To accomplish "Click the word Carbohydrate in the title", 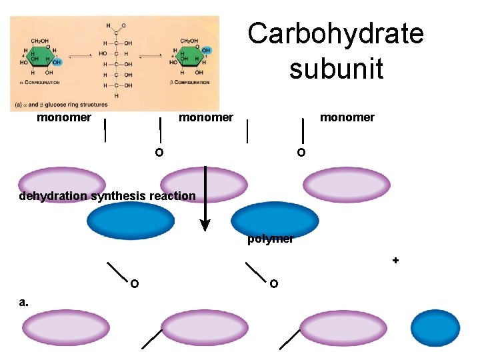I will coord(335,33).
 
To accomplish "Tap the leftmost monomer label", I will coord(64,118).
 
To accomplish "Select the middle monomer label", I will coord(205,118).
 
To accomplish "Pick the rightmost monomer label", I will coord(347,118).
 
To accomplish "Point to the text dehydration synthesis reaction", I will coord(107,196).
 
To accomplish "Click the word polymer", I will coord(270,239).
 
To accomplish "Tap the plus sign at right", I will coord(395,261).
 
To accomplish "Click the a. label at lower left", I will coord(24,302).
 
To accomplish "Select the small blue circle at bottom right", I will coord(431,329).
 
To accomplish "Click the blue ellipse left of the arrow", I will coord(131,221).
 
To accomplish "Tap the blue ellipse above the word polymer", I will coord(275,219).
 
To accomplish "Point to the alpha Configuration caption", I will coord(41,83).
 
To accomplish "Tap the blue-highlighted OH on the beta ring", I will coord(206,50).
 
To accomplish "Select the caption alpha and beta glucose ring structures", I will coord(60,105).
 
